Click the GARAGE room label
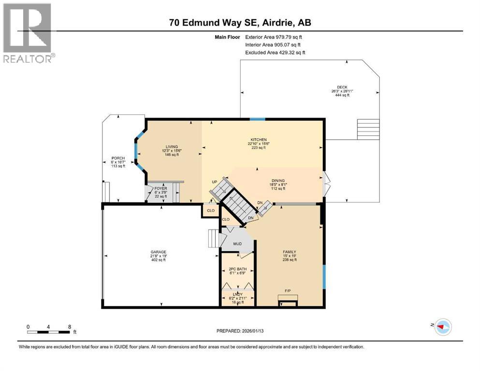[158, 252]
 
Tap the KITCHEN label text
[259, 140]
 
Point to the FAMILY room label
[290, 252]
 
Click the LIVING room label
[172, 147]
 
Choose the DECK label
[342, 87]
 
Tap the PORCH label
[118, 158]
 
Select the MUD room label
[237, 244]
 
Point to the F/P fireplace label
[288, 291]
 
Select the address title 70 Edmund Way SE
[240, 22]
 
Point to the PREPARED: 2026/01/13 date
[240, 331]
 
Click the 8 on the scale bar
[70, 327]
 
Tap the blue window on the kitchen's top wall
[257, 118]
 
